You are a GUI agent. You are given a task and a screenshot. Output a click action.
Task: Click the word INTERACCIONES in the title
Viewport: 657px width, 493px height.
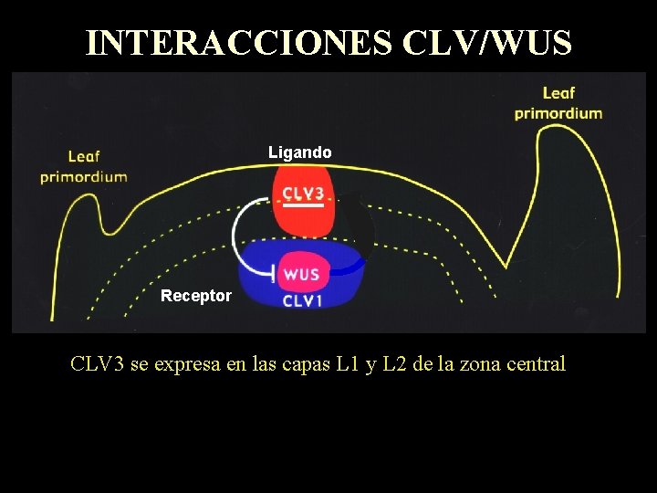coord(239,43)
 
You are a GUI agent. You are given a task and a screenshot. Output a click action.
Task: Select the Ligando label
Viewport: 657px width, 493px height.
coord(300,152)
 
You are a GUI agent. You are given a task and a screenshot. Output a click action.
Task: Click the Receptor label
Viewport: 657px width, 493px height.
coord(196,296)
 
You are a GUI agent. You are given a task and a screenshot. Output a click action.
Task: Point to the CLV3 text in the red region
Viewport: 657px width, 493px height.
coord(302,194)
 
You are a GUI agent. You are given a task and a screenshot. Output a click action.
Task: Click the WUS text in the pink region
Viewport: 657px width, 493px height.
coord(300,274)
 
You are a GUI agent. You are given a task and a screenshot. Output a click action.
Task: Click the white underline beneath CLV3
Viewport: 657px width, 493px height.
coord(302,206)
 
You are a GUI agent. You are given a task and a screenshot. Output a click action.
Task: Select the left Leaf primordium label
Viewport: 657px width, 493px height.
coord(83,167)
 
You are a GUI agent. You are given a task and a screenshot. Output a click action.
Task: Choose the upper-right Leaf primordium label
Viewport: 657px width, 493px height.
coord(558,103)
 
